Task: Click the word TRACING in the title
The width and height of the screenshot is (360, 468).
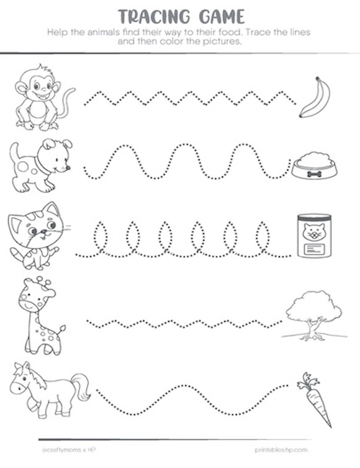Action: tap(154, 16)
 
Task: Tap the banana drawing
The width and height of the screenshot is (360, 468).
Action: tap(315, 97)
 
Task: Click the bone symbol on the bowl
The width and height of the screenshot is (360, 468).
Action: tap(315, 174)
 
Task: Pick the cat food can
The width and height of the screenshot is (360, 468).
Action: tap(314, 235)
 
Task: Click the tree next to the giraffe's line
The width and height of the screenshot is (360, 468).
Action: tap(314, 315)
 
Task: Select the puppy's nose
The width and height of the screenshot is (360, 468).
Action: tap(68, 168)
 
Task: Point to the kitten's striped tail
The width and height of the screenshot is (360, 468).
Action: tap(18, 254)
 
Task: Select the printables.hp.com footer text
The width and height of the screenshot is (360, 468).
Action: tap(281, 449)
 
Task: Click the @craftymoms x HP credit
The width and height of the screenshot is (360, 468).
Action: tap(68, 449)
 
